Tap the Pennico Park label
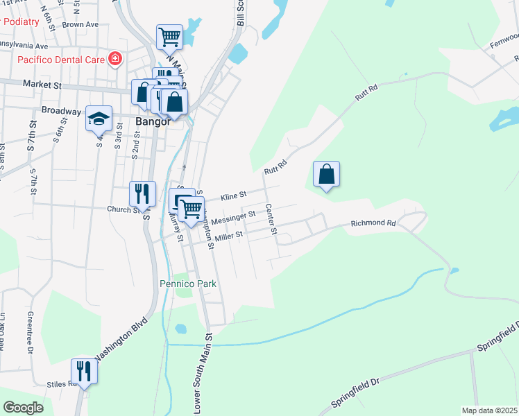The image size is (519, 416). (x=188, y=284)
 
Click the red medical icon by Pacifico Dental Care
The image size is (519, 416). (x=114, y=60)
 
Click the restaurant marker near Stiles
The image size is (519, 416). (x=84, y=371)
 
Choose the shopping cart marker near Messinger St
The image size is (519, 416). (x=192, y=208)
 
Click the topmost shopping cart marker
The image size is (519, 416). (x=169, y=37)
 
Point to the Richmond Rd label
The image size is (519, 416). (x=373, y=223)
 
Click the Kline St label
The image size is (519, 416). (x=234, y=197)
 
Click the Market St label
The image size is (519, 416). (x=42, y=85)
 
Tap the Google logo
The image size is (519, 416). (x=24, y=407)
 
